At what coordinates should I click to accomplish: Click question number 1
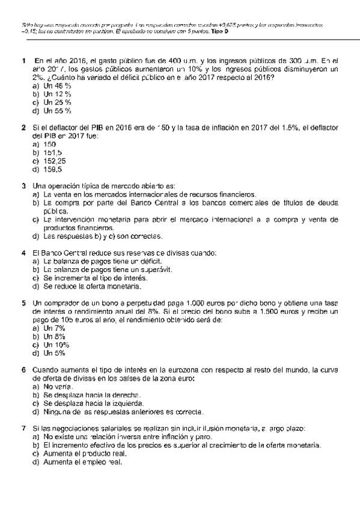[23, 60]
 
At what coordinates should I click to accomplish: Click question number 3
[23, 186]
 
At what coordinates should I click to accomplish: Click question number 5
[23, 303]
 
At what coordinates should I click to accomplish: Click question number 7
[23, 428]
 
